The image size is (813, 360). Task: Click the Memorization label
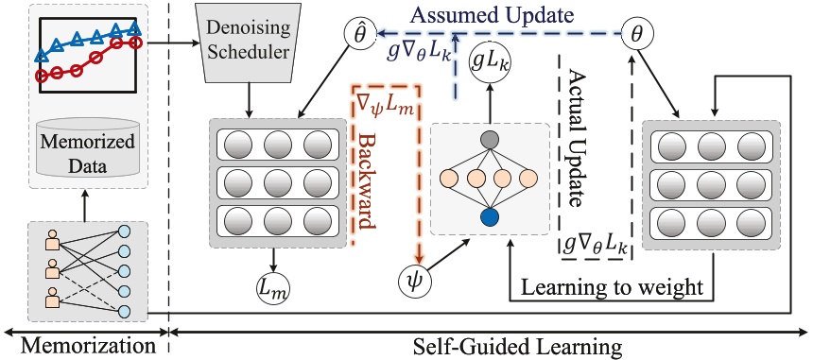(x=81, y=345)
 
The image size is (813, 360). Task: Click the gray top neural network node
(x=489, y=141)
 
